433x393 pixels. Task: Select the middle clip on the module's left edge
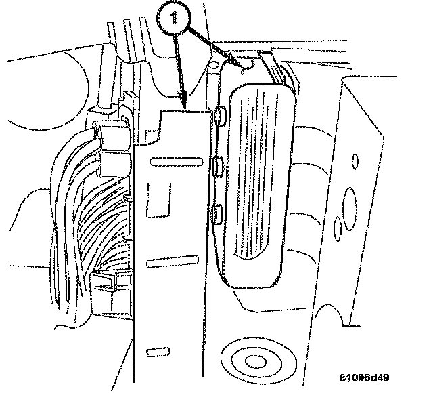click(x=218, y=165)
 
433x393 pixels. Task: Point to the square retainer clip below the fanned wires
click(x=108, y=281)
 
